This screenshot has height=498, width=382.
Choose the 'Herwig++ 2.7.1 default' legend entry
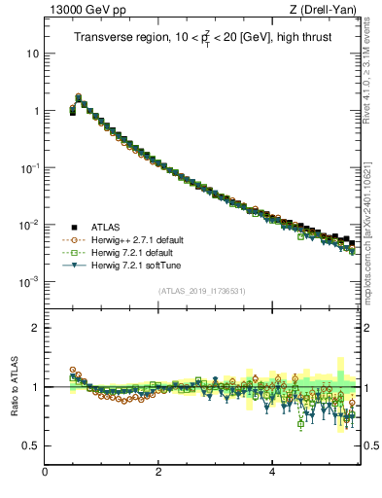135,239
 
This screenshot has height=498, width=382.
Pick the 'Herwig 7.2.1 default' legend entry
130,252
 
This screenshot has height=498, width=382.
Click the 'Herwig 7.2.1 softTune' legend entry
133,265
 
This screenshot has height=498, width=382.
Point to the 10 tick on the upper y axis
33,53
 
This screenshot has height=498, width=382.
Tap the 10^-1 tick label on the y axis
30,167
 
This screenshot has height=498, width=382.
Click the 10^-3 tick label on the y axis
30,281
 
